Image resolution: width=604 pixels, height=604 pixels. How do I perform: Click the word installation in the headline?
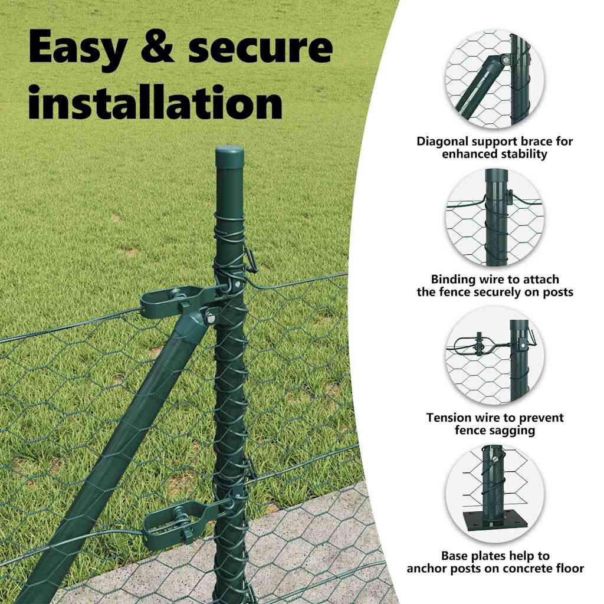coord(155,101)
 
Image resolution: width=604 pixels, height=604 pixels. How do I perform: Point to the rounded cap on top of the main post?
coord(229,154)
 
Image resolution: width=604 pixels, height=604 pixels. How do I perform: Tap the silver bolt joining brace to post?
coord(209,317)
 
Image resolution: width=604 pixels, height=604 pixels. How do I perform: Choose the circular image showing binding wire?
coord(495,217)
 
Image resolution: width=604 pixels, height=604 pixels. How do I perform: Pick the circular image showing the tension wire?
coord(495,356)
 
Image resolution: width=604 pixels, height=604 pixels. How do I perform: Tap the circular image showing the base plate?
coord(495,494)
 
